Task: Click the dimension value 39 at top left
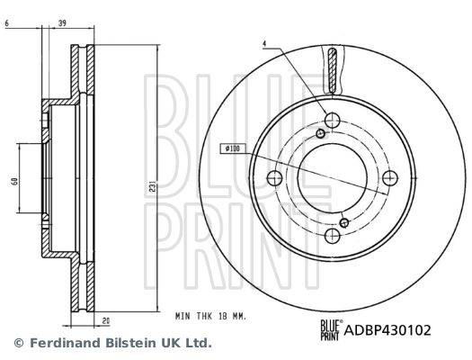[x=62, y=22]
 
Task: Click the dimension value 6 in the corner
[x=7, y=22]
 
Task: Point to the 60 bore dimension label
[x=14, y=181]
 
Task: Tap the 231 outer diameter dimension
[x=153, y=187]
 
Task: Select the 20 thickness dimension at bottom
[x=106, y=321]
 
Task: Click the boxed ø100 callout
[x=231, y=148]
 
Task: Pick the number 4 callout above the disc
[x=264, y=44]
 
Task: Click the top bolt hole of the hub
[x=333, y=120]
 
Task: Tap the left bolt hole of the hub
[x=275, y=177]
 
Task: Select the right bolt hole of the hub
[x=390, y=177]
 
